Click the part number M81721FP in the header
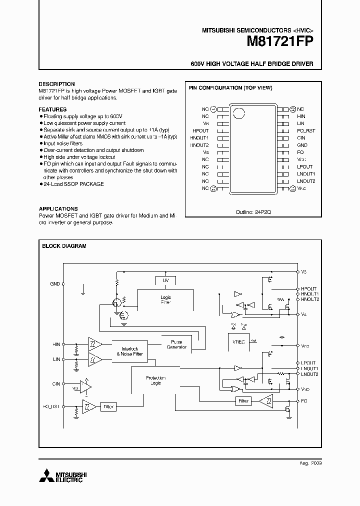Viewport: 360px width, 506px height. [x=279, y=42]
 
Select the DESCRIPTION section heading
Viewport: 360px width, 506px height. [x=56, y=84]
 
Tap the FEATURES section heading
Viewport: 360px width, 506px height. [x=52, y=109]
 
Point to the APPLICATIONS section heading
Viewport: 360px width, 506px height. [x=58, y=208]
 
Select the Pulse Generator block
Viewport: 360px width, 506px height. [x=175, y=344]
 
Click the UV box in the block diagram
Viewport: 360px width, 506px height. [x=165, y=281]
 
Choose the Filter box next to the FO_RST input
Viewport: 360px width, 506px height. [x=108, y=407]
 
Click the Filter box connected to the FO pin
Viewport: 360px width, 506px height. [x=243, y=401]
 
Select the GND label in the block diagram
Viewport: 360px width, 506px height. [x=55, y=283]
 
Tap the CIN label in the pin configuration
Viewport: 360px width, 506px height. [x=300, y=137]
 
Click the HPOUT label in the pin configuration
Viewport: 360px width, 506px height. [x=200, y=130]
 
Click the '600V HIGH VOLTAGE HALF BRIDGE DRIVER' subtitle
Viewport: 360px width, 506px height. [x=252, y=64]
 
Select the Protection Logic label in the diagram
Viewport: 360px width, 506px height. [x=155, y=380]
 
